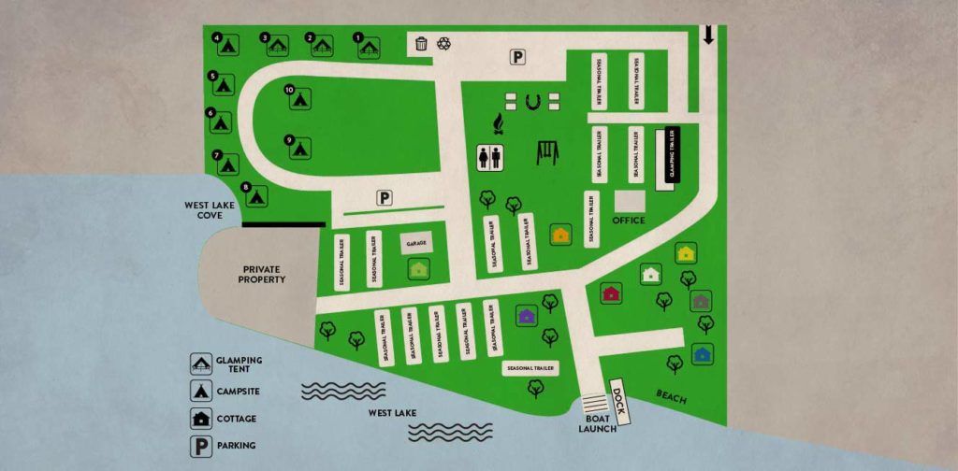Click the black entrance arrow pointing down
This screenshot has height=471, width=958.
coord(708,36)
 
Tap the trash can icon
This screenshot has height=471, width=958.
coord(421,43)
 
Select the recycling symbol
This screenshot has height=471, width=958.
coord(444,43)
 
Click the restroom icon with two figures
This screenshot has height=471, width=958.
coord(489,158)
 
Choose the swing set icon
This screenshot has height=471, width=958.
coord(547,151)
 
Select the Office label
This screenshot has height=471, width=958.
coord(629,221)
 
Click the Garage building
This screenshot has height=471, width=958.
coord(416,243)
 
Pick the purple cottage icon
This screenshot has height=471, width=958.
coord(526,316)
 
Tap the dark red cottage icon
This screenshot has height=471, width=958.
coord(611,293)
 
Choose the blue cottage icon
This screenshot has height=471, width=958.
coord(702,353)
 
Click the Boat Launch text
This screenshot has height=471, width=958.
coord(598,423)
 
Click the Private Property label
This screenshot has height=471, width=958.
coord(261,273)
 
